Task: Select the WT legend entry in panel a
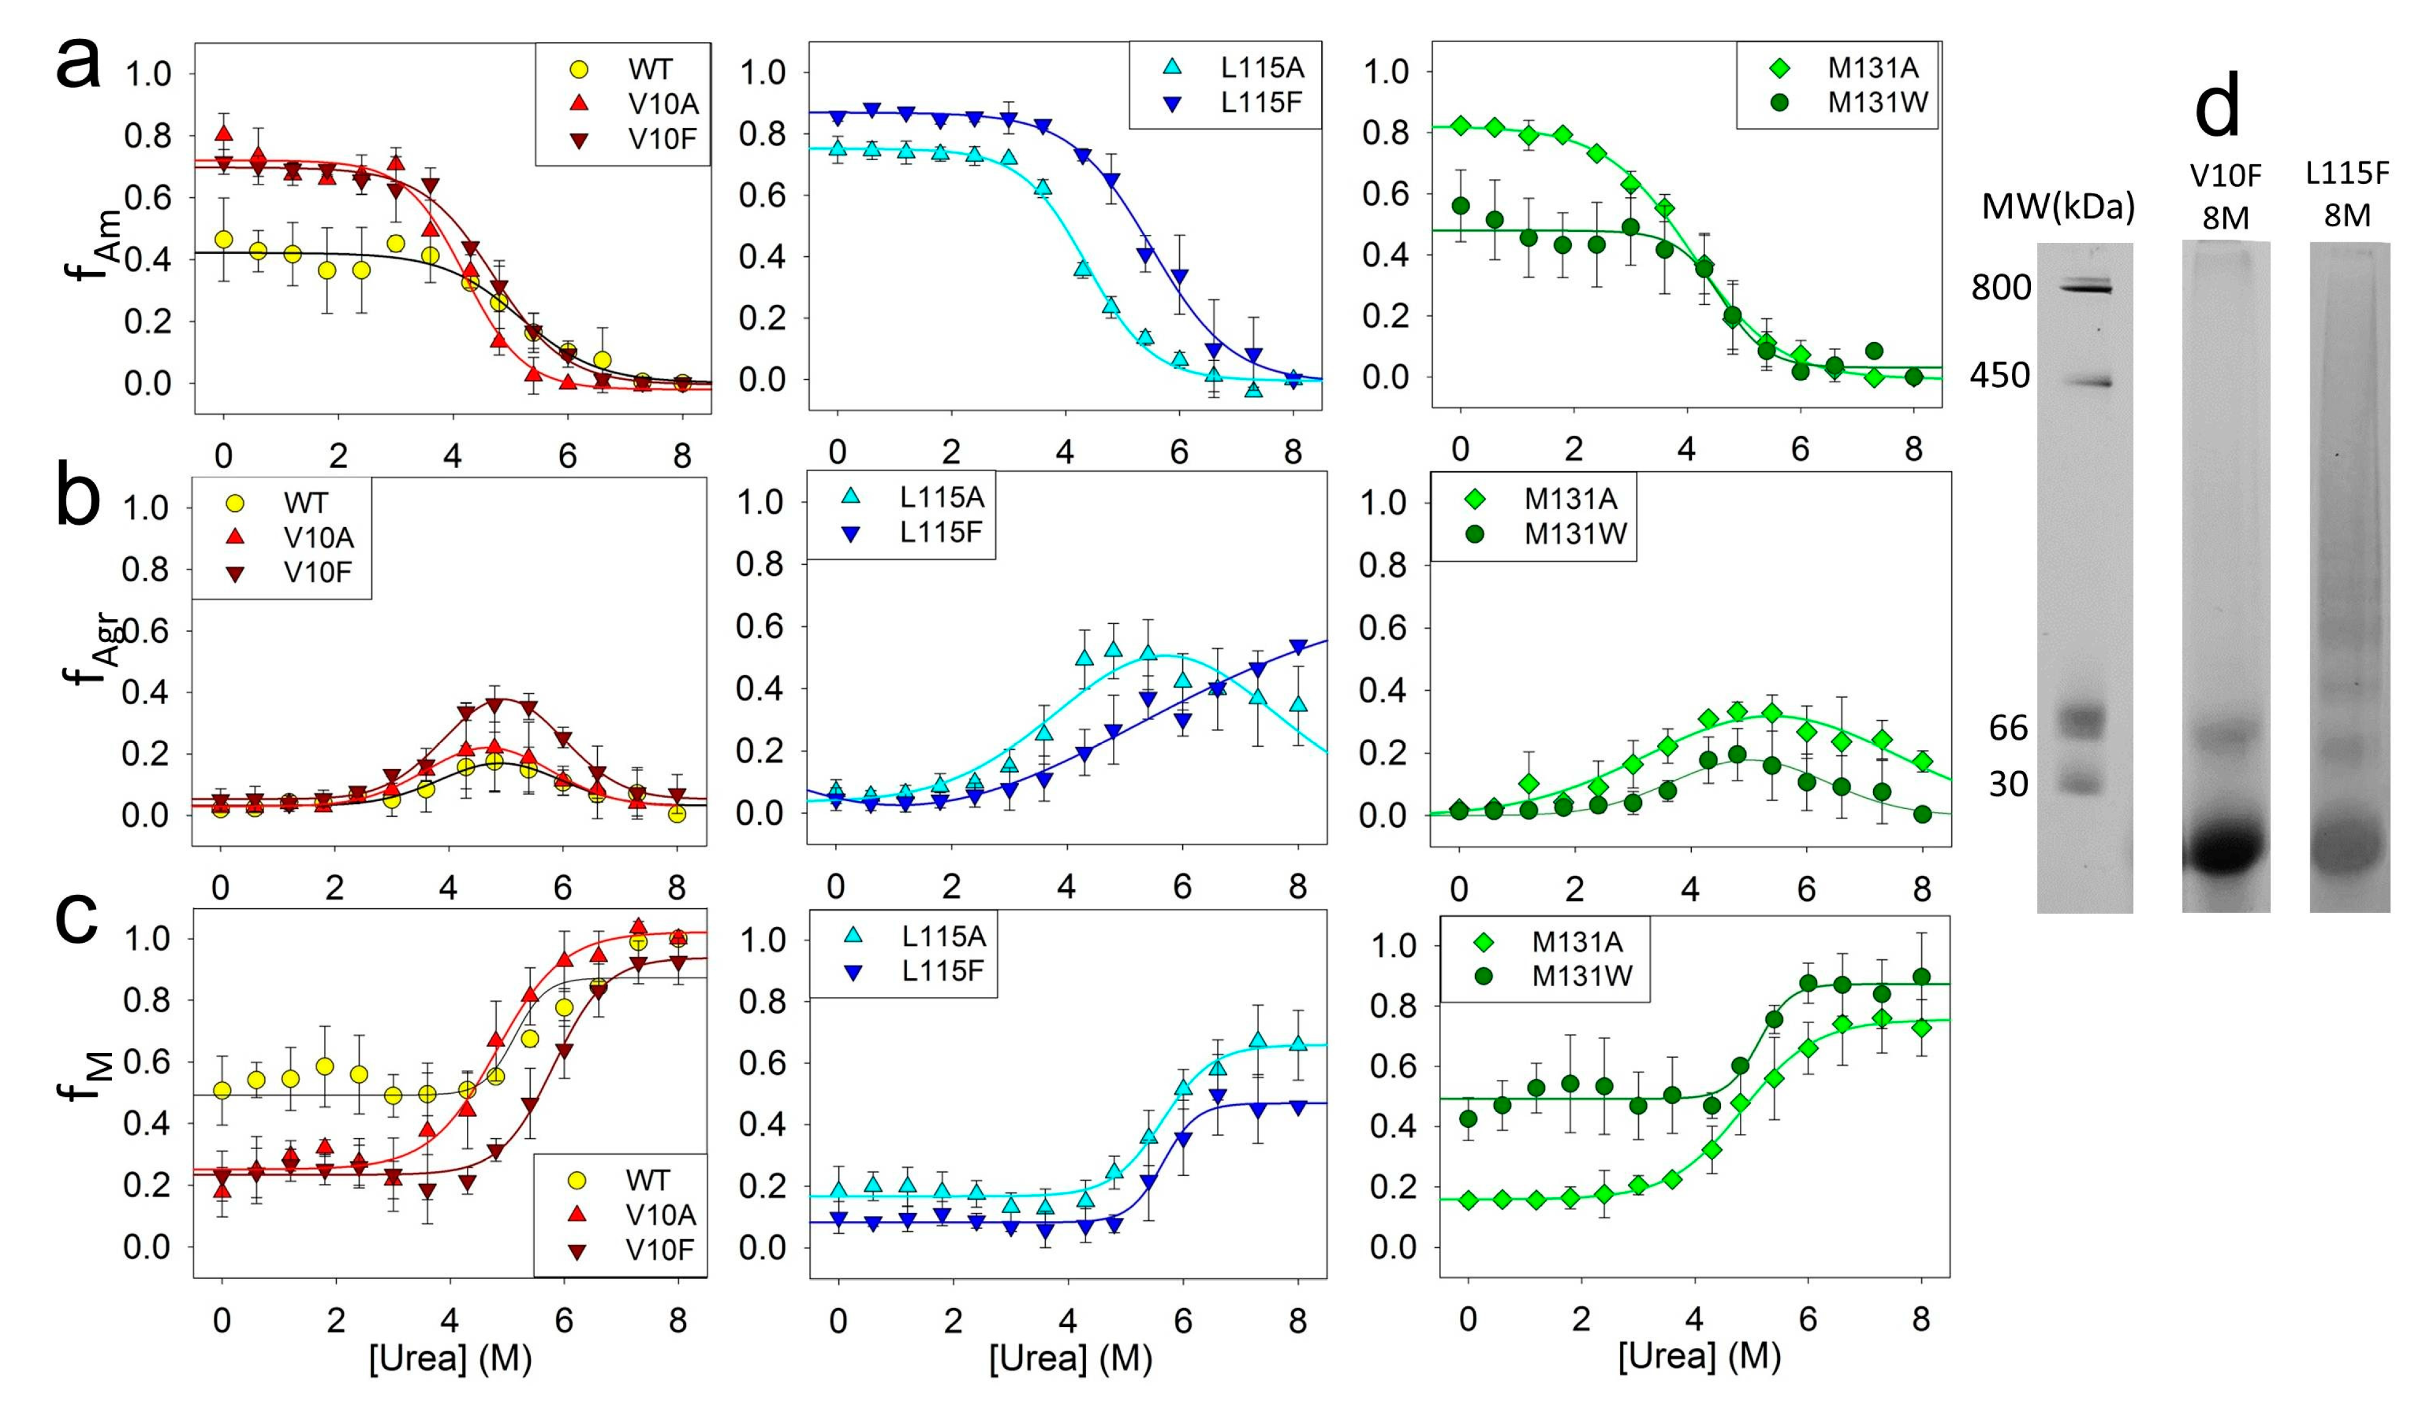click(650, 69)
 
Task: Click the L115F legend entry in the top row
click(1260, 102)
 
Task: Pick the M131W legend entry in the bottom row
click(1582, 976)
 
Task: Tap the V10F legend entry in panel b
click(317, 572)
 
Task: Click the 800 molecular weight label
click(2000, 287)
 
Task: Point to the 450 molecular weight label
click(2000, 375)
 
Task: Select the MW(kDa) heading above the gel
click(2057, 206)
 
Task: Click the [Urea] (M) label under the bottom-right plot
click(1698, 1357)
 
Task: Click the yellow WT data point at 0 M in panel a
click(223, 239)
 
